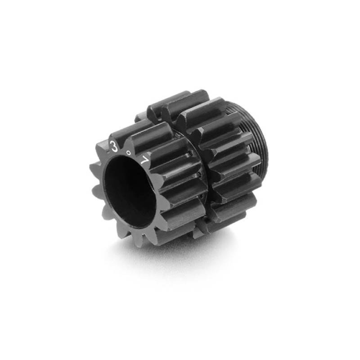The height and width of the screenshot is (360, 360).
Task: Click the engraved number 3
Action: [x=114, y=145]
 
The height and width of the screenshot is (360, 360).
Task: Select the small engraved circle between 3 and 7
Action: [x=129, y=153]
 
